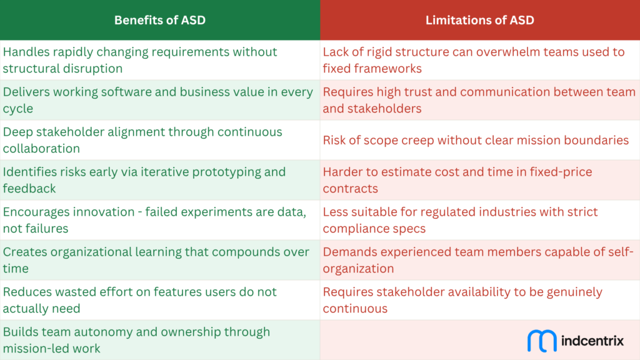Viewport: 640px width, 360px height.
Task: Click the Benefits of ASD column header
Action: pyautogui.click(x=159, y=20)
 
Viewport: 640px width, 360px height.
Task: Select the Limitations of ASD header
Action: pyautogui.click(x=479, y=20)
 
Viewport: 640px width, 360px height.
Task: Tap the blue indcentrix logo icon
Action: pyautogui.click(x=542, y=341)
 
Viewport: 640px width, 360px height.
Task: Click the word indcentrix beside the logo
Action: pyautogui.click(x=593, y=341)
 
